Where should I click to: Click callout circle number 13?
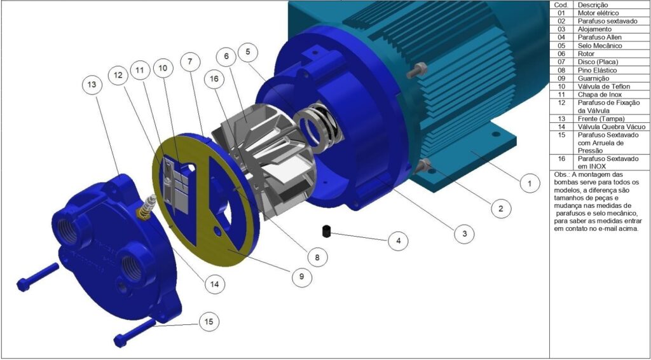[92, 85]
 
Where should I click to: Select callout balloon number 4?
[399, 240]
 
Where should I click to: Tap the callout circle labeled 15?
[209, 321]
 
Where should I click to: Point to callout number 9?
[301, 277]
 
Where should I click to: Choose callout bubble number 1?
[528, 183]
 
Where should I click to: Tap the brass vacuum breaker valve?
[147, 206]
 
